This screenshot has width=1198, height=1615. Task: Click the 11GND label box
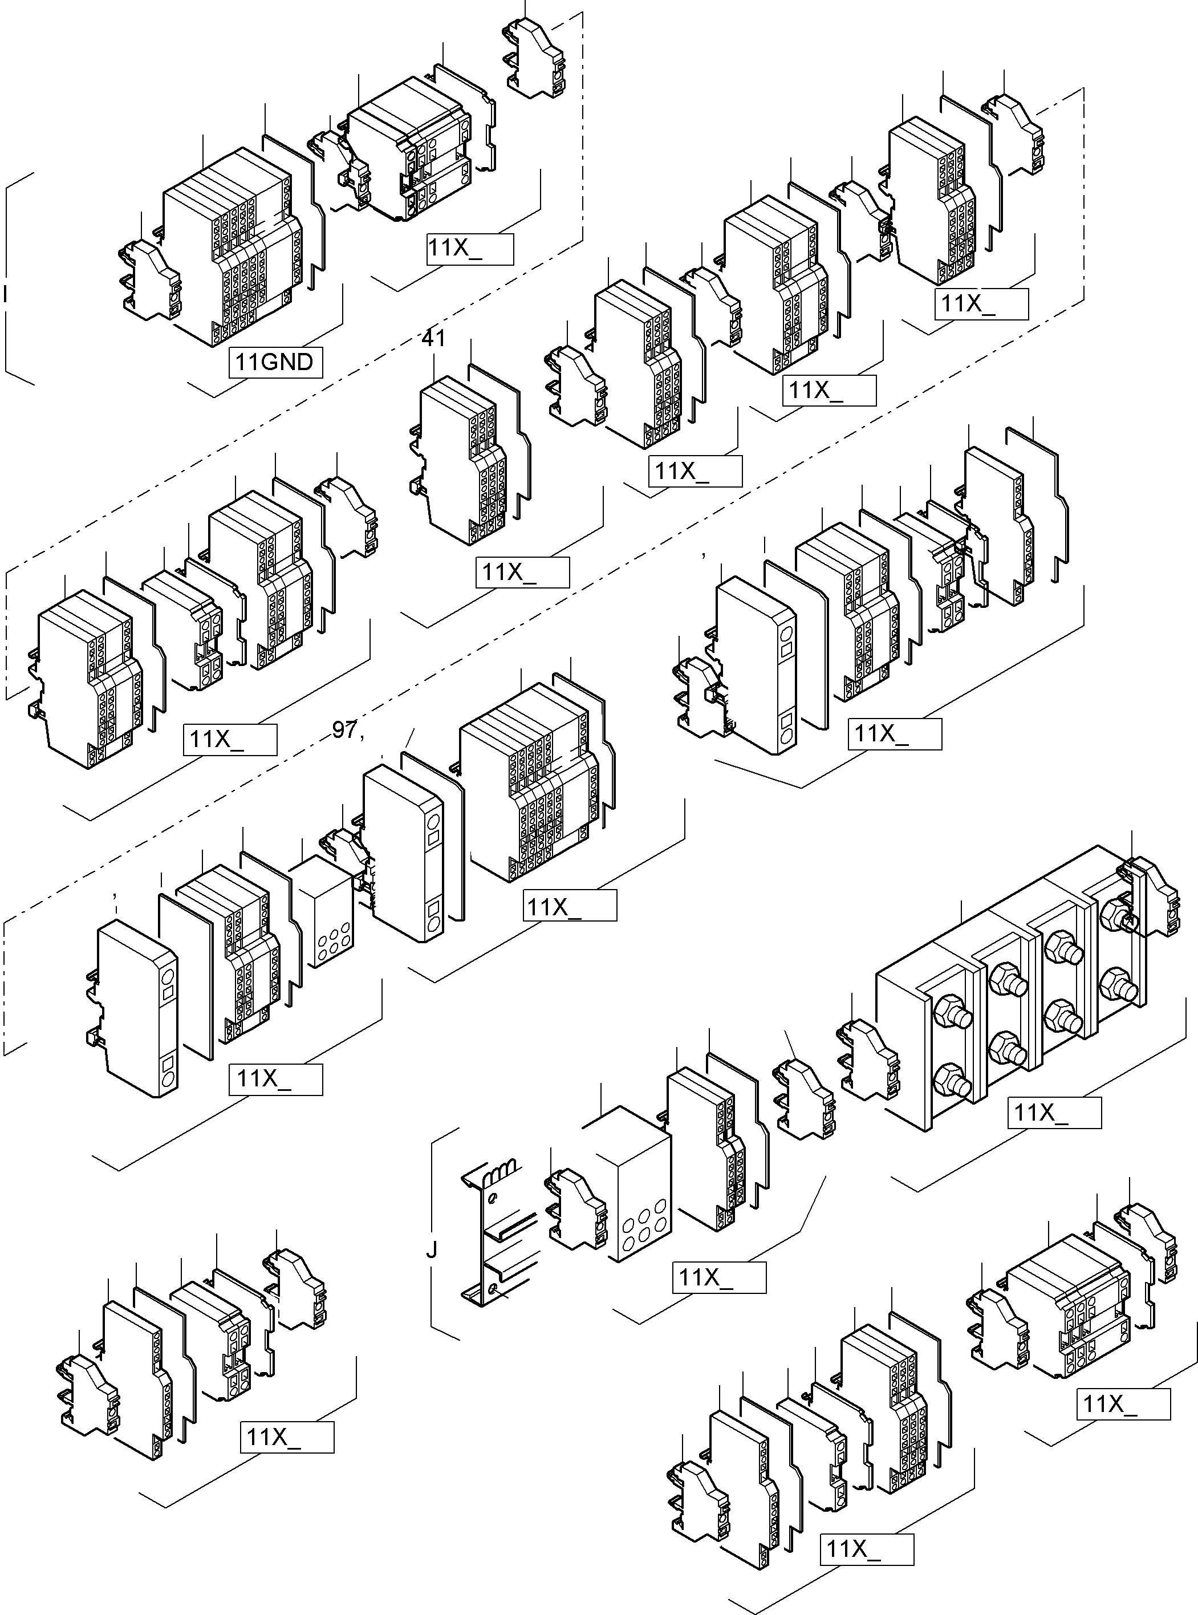(275, 362)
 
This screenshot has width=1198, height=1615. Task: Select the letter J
(432, 1249)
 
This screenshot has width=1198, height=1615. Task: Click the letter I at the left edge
(5, 294)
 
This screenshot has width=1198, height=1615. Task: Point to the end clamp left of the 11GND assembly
(150, 279)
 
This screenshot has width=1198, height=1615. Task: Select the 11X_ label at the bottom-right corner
(1123, 1405)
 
